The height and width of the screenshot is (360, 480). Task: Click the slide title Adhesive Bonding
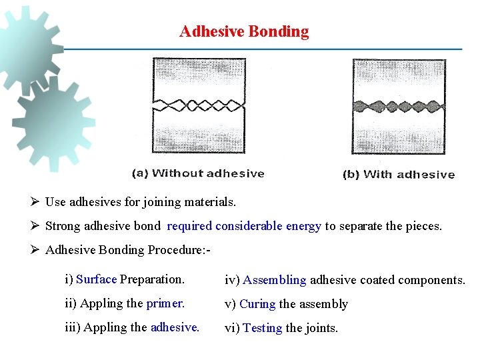click(x=244, y=31)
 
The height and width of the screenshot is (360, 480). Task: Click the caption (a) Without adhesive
click(x=198, y=173)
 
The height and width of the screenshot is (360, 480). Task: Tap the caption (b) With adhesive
click(x=398, y=175)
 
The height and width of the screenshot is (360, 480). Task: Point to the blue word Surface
click(x=97, y=279)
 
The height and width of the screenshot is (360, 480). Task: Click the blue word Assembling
click(x=274, y=280)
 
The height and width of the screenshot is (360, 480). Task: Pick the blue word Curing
click(x=257, y=304)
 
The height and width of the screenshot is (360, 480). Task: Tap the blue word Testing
click(x=262, y=328)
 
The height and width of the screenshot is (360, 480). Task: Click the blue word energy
click(x=303, y=226)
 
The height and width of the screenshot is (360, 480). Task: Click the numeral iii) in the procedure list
click(x=72, y=327)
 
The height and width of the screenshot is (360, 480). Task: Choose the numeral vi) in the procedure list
click(x=231, y=328)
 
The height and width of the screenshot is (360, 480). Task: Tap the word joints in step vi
click(x=323, y=328)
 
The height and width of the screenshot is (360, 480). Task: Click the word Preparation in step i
click(x=152, y=279)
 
